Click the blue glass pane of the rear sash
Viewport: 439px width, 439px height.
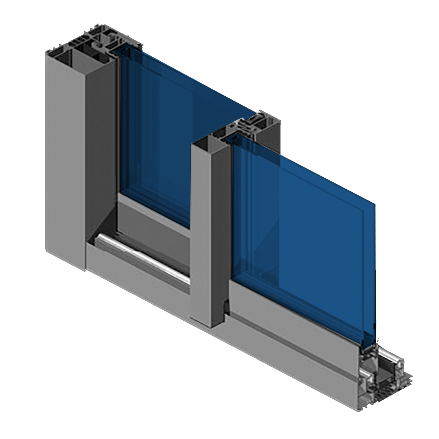(162, 127)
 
